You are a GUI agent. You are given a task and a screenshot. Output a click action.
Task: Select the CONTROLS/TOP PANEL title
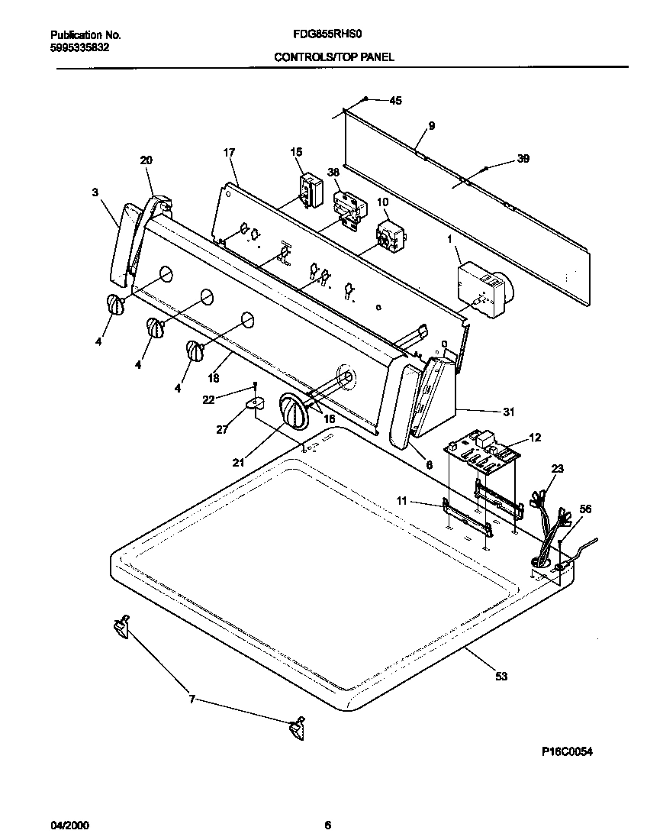[x=334, y=57]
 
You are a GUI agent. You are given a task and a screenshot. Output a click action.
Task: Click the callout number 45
[x=395, y=101]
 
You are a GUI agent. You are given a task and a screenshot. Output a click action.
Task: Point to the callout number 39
[x=523, y=159]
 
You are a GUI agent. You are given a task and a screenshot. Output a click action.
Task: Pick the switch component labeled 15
[x=309, y=190]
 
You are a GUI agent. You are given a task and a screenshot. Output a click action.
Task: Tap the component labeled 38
[x=349, y=208]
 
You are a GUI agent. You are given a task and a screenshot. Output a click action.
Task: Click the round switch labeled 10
[x=391, y=237]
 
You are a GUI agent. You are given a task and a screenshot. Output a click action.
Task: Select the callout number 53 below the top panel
[x=501, y=675]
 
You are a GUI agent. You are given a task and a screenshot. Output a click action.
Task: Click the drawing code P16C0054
[x=567, y=751]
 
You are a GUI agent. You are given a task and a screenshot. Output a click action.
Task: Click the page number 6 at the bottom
[x=327, y=825]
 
